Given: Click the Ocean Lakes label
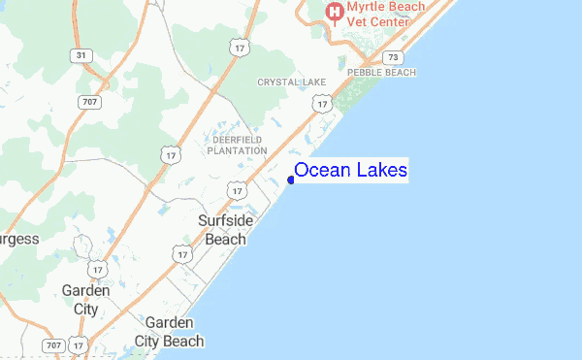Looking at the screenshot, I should coord(350,171).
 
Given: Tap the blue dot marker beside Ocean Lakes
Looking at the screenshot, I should coord(291,179).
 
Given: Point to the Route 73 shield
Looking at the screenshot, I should coord(393,57).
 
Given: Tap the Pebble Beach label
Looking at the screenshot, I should coord(381,73).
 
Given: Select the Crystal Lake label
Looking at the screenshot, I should coord(291,82).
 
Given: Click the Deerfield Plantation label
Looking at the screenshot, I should coord(238,145).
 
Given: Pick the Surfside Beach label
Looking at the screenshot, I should coord(225,229).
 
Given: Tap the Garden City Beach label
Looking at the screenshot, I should coord(175,332).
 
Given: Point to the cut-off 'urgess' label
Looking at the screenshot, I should coord(19,239).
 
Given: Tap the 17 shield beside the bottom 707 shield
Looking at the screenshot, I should coord(80,345).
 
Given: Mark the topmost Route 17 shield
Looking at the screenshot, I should coord(240,48).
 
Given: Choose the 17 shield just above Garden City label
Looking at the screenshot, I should coord(95,269).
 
